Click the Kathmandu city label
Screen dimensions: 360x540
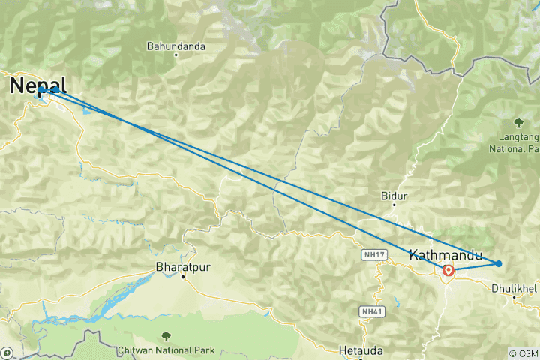pyautogui.click(x=446, y=255)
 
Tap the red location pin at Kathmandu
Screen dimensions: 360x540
pyautogui.click(x=448, y=271)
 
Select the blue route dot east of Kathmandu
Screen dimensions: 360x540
pyautogui.click(x=499, y=262)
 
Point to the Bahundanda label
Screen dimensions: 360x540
pyautogui.click(x=176, y=46)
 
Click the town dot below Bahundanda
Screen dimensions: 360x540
pyautogui.click(x=176, y=55)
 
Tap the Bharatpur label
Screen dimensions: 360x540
pyautogui.click(x=181, y=266)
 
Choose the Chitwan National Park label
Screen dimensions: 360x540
pyautogui.click(x=166, y=349)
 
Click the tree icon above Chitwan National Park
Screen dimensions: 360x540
pyautogui.click(x=166, y=337)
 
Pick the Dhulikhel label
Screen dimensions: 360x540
pyautogui.click(x=514, y=287)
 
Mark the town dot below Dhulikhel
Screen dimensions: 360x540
pyautogui.click(x=514, y=297)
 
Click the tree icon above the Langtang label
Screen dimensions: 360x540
pyautogui.click(x=518, y=122)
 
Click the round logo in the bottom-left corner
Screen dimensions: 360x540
pyautogui.click(x=7, y=352)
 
